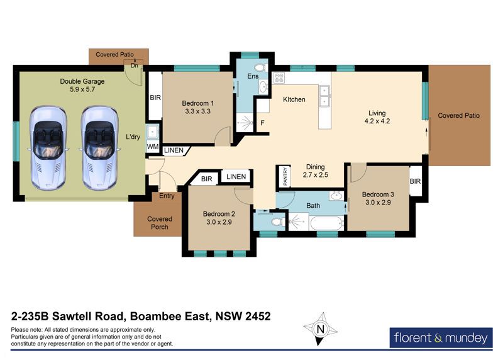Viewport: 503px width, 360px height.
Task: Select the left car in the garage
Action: tap(48, 148)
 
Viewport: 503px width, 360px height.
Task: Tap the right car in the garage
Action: tap(99, 148)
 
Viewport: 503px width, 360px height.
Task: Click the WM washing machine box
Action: tap(153, 147)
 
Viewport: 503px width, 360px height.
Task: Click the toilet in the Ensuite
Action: tap(261, 68)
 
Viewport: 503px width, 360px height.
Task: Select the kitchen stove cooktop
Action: tap(279, 77)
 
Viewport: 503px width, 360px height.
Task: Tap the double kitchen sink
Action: tap(324, 96)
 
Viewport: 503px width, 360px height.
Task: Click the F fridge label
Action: tap(262, 123)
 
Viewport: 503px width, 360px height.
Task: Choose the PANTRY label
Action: tap(285, 176)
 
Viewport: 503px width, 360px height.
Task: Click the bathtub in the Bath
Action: tap(327, 223)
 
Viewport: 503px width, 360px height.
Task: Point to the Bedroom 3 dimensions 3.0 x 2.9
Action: tap(378, 202)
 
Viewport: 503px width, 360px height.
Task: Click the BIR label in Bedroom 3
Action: tap(415, 181)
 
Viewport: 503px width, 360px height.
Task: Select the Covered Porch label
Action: tap(160, 223)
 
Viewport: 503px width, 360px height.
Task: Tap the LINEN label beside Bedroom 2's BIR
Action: tap(236, 177)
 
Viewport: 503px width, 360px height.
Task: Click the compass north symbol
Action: tap(320, 329)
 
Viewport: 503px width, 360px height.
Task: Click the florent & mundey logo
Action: tap(441, 337)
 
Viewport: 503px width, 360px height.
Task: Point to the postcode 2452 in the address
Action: tap(258, 317)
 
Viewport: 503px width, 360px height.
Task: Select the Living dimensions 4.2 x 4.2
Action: tap(377, 121)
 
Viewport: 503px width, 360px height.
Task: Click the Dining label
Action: tap(316, 167)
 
